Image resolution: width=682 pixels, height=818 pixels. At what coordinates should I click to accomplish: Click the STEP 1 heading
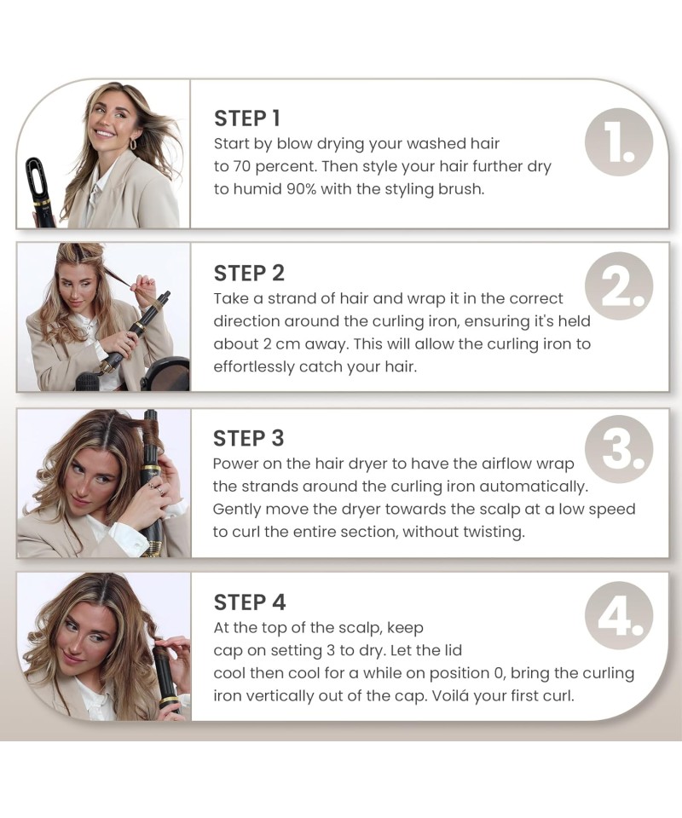(247, 118)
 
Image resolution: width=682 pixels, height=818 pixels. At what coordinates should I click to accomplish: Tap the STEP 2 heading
(249, 274)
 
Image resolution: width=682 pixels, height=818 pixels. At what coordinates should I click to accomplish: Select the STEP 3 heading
(248, 438)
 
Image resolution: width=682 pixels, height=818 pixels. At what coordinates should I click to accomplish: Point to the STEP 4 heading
(250, 602)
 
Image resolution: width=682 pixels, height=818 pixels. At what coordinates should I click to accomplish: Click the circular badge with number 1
(619, 142)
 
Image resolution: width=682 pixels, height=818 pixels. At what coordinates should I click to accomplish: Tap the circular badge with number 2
(619, 286)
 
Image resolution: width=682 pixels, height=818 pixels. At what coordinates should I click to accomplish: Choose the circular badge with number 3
(619, 450)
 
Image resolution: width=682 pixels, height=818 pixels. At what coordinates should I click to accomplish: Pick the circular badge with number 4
(619, 615)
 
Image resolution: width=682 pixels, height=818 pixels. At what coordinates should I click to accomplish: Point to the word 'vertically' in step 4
(280, 696)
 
